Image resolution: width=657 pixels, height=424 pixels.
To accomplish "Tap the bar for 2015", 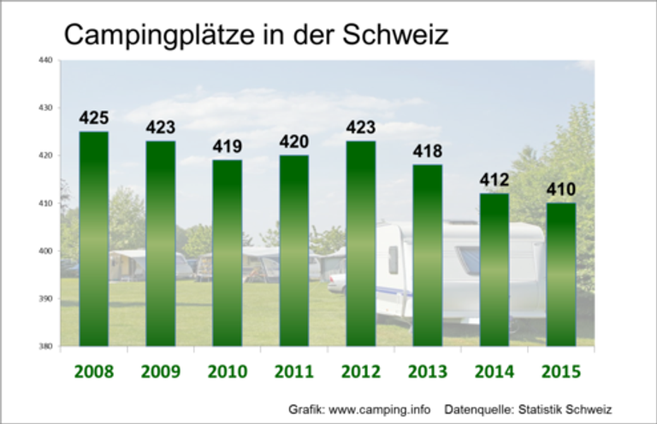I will tap(559, 274).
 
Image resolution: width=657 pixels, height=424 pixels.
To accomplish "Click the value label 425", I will tap(93, 118).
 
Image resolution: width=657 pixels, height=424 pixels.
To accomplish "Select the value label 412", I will tap(494, 180).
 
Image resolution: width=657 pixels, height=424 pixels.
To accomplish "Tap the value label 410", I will tap(559, 190).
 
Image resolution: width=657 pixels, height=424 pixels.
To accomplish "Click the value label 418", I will tap(427, 151).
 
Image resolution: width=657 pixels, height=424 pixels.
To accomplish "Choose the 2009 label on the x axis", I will tap(160, 372).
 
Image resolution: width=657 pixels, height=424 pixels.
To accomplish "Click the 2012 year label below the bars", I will tap(360, 372).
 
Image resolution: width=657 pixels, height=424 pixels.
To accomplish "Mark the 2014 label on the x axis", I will tap(494, 372).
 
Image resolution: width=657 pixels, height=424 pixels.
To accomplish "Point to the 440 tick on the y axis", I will tap(45, 60).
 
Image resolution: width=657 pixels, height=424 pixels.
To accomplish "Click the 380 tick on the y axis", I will tap(45, 346).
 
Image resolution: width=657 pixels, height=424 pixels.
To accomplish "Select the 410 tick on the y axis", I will tap(45, 203).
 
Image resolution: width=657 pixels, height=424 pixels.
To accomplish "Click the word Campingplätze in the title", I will tap(161, 35).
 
